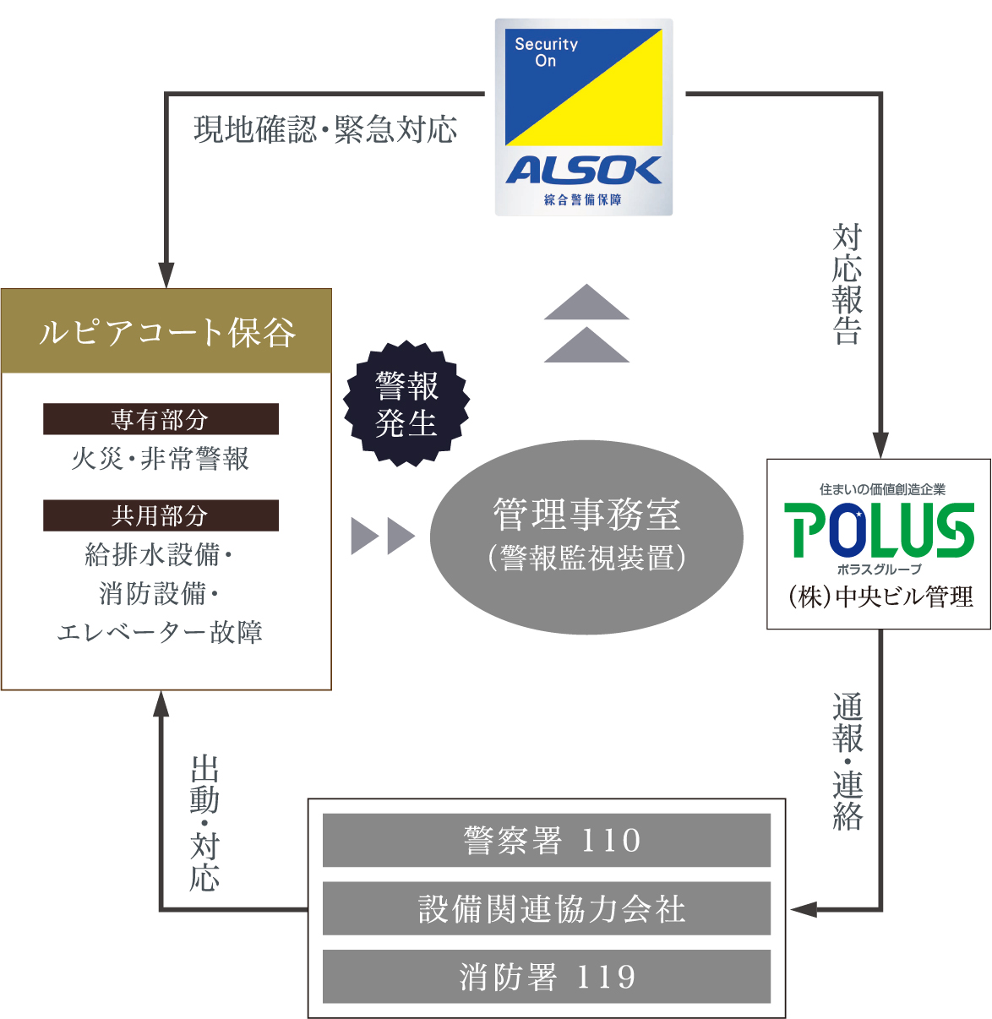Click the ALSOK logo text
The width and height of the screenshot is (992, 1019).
[583, 171]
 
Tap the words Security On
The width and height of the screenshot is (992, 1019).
[546, 52]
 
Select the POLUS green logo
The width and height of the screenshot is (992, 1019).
[879, 530]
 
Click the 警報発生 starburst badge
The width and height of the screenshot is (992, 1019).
[406, 404]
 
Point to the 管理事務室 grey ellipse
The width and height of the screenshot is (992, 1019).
[586, 536]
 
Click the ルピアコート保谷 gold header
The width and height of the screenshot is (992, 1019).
[166, 331]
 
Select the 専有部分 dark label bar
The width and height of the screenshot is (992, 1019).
[161, 419]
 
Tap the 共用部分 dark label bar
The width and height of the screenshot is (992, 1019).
[161, 515]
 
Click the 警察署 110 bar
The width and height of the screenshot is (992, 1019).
[547, 840]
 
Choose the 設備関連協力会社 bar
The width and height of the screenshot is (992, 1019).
[547, 908]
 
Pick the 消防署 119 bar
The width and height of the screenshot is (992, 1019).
[547, 977]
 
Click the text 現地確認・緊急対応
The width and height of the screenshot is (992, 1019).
[325, 129]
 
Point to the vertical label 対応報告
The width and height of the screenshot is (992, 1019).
[847, 284]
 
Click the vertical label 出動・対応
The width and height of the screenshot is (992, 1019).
[204, 824]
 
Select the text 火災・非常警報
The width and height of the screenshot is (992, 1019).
[161, 459]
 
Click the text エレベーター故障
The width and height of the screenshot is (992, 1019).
[161, 632]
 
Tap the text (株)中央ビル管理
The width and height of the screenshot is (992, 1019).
[879, 597]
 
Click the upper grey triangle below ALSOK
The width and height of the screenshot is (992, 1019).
[586, 303]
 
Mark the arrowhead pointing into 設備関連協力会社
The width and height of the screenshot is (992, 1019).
[804, 909]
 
